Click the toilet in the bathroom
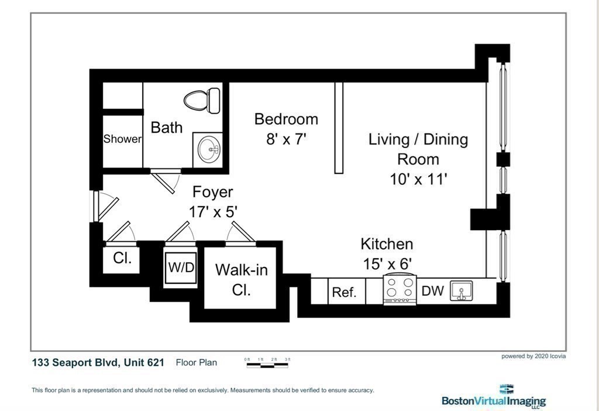pos(202,100)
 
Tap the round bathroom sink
pos(208,150)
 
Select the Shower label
pos(122,139)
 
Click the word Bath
pos(167,127)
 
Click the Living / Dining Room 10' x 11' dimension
pos(418,179)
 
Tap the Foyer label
pos(212,191)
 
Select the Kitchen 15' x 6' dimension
pos(387,263)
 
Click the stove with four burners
pos(400,289)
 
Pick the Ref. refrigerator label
pos(344,293)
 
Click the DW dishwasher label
pos(432,291)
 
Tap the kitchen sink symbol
pos(461,290)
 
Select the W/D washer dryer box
pos(181,267)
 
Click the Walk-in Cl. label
pos(242,280)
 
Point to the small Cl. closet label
pos(122,258)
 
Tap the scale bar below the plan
pos(267,365)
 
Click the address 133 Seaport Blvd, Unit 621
pos(98,362)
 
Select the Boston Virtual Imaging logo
pos(494,396)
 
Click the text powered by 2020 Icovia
pos(533,357)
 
